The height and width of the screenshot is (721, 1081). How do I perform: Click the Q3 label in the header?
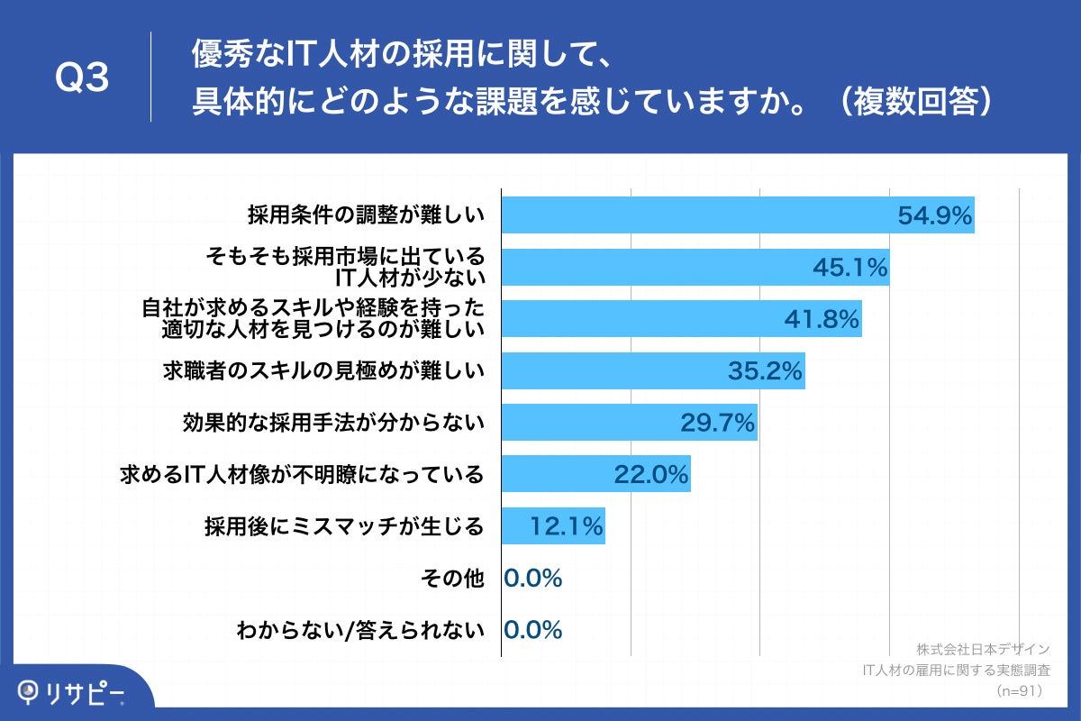(x=82, y=78)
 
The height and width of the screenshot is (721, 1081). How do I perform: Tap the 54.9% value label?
(x=935, y=215)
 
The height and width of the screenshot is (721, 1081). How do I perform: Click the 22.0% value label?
(x=651, y=474)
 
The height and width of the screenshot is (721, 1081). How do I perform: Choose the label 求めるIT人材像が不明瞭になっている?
(x=303, y=474)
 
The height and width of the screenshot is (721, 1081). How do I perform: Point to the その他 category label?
(x=453, y=578)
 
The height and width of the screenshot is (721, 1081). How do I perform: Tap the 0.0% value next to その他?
(x=533, y=578)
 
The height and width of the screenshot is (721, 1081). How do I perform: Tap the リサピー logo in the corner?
(x=72, y=691)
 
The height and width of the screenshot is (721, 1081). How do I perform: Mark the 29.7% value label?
(x=717, y=423)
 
